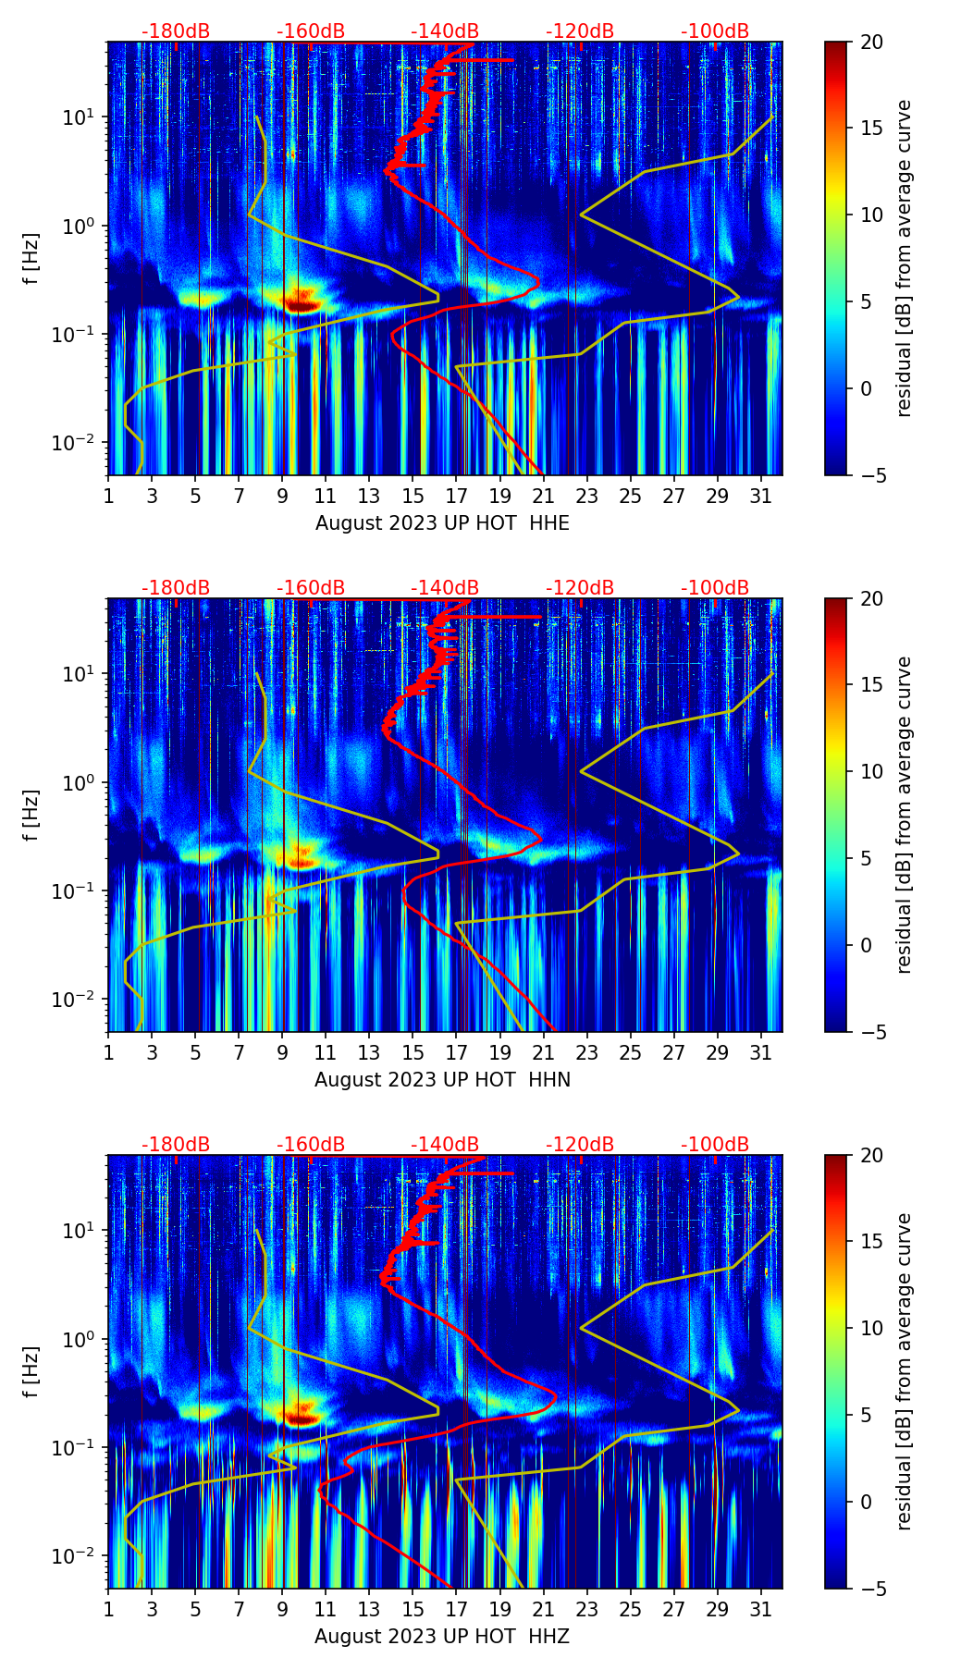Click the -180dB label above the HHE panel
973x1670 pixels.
pos(176,31)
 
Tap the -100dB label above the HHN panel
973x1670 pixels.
pos(715,588)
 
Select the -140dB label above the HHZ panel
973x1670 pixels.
pos(445,1145)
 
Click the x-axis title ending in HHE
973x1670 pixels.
pos(442,523)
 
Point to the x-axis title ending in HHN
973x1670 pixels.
pos(442,1080)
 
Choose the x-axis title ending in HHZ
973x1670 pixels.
pos(442,1637)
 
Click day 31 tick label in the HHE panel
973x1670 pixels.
pos(761,496)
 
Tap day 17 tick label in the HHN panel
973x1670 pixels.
pos(457,1052)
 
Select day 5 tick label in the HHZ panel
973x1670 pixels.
pos(195,1609)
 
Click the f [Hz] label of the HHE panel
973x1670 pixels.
pos(31,258)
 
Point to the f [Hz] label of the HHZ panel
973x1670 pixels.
pos(31,1371)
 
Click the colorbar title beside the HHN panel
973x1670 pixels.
pos(905,815)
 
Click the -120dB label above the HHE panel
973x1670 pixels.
pos(580,31)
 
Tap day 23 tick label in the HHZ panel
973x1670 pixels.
pos(587,1609)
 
